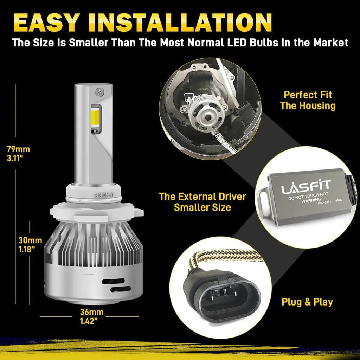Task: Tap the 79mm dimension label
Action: (x=18, y=149)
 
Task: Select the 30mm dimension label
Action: (x=30, y=240)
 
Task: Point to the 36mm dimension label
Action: (x=92, y=312)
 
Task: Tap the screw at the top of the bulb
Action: (x=100, y=92)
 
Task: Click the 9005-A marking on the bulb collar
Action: (x=104, y=195)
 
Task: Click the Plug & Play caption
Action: (x=307, y=302)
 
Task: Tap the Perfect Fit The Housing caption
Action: (x=308, y=100)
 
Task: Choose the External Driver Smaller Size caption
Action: (x=202, y=202)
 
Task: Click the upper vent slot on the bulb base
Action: (x=113, y=281)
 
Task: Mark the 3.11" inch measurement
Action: (x=15, y=158)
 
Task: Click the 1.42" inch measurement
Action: (x=89, y=321)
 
